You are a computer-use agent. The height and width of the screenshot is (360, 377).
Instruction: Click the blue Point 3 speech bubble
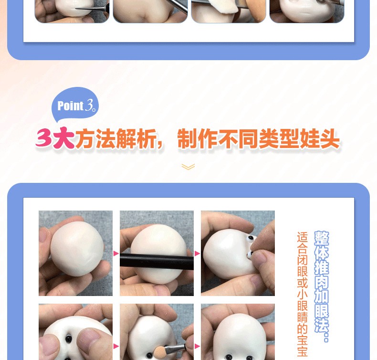click(75, 105)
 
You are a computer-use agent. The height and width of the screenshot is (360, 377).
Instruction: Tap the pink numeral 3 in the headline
click(44, 138)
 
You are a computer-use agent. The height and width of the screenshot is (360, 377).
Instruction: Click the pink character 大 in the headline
click(64, 138)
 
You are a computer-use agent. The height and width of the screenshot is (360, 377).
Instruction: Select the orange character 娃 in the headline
click(309, 138)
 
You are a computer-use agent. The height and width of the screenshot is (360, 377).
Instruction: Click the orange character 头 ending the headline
click(329, 138)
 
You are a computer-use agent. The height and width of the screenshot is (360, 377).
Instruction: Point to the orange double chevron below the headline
click(188, 167)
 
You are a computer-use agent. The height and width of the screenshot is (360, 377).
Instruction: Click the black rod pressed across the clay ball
click(157, 261)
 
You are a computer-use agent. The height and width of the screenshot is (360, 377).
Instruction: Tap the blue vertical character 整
click(322, 238)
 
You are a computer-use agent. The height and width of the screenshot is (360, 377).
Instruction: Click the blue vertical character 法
click(322, 325)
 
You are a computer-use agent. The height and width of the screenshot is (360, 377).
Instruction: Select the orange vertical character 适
click(303, 237)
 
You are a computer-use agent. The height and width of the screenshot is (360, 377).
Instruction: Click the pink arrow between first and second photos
click(116, 253)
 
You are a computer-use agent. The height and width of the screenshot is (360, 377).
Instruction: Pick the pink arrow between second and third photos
click(198, 253)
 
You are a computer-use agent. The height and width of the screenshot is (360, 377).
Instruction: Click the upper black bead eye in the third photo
click(251, 238)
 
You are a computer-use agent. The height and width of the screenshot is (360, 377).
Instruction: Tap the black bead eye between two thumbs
click(69, 339)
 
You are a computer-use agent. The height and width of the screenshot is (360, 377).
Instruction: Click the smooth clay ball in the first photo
click(77, 249)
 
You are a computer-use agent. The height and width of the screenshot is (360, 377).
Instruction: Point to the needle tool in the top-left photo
click(91, 9)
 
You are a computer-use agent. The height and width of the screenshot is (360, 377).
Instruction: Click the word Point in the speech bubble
click(71, 106)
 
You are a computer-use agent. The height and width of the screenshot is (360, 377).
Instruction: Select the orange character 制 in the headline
click(187, 138)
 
